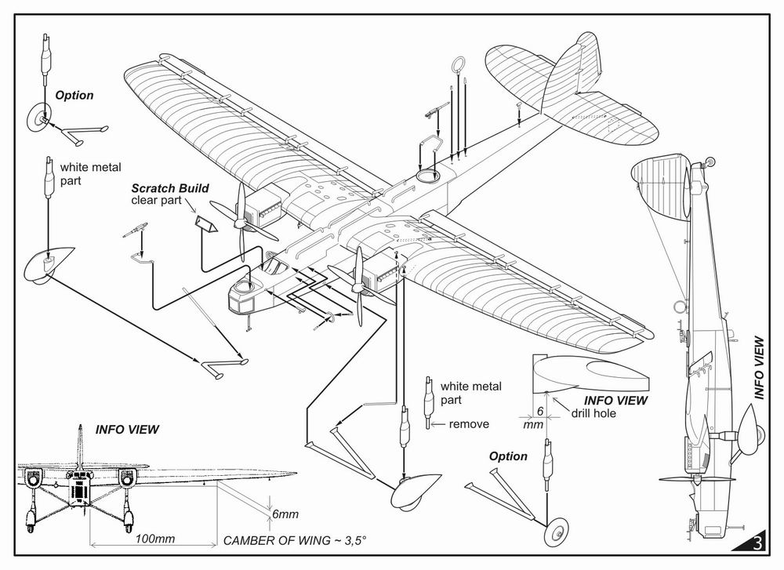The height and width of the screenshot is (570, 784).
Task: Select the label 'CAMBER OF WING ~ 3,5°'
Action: coord(296,540)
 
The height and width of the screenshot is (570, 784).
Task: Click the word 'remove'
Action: coord(469,424)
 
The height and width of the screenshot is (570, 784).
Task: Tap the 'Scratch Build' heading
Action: coord(162,188)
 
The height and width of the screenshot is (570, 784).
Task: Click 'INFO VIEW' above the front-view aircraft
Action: coord(127,430)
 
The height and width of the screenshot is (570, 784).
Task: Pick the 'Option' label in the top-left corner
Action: coord(74,95)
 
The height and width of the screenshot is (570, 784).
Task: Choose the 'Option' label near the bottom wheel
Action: coord(508,456)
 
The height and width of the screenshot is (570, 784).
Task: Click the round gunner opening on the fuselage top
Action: coord(427,177)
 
